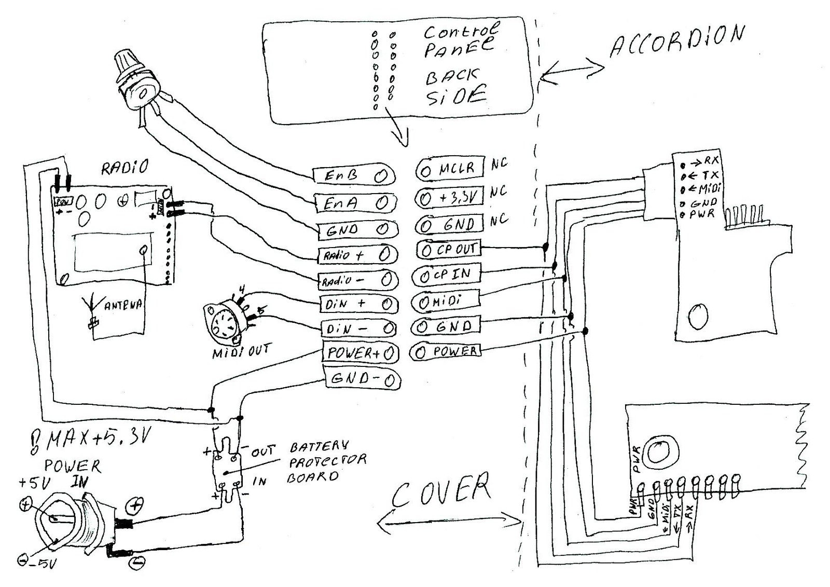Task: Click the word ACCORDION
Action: tap(677, 40)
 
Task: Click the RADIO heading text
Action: tap(125, 168)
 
